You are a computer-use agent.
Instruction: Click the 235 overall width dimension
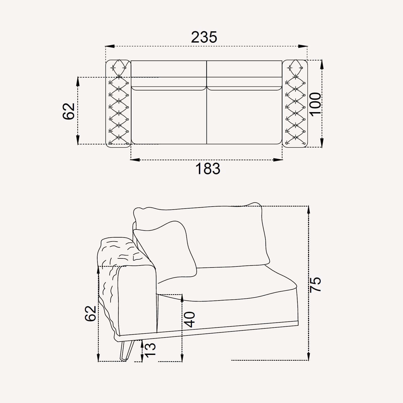[204, 37]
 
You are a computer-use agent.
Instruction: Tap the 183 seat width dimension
[208, 169]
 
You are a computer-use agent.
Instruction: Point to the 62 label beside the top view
[69, 111]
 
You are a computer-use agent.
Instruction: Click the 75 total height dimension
[315, 284]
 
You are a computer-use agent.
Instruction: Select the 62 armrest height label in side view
[90, 313]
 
